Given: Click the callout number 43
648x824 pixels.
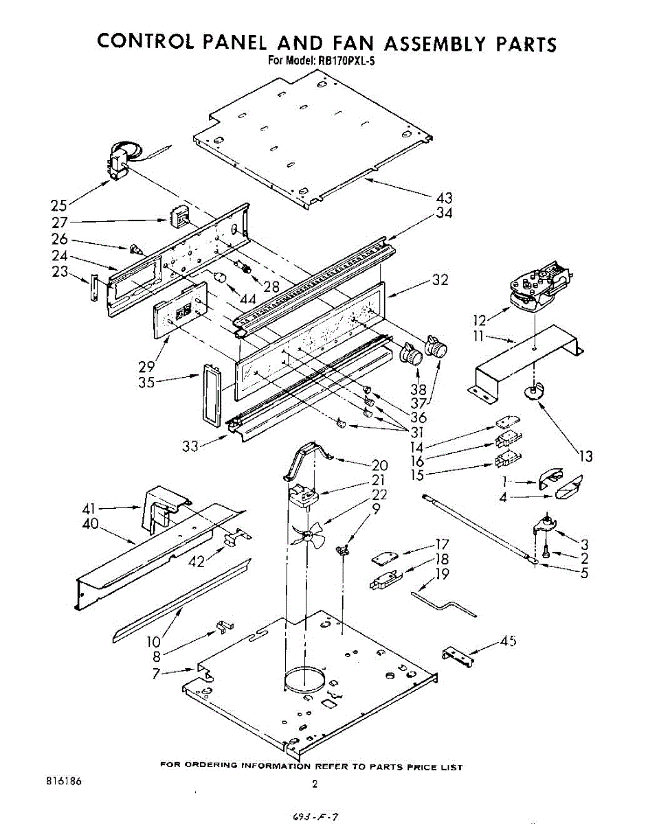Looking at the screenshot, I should (x=445, y=198).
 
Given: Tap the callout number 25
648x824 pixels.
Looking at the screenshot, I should (x=60, y=205).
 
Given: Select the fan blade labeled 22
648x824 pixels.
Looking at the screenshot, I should (x=304, y=533).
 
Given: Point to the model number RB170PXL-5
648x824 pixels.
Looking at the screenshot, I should (x=345, y=60).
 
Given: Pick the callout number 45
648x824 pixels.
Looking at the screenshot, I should (x=508, y=641).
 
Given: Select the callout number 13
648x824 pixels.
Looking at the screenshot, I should (x=585, y=455).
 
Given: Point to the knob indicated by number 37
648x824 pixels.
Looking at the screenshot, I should (x=436, y=347).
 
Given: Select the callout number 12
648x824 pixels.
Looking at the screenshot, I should (x=480, y=319).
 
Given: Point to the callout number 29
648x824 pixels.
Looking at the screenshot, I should (x=146, y=367).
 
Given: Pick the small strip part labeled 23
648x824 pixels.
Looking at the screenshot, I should (x=96, y=288).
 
